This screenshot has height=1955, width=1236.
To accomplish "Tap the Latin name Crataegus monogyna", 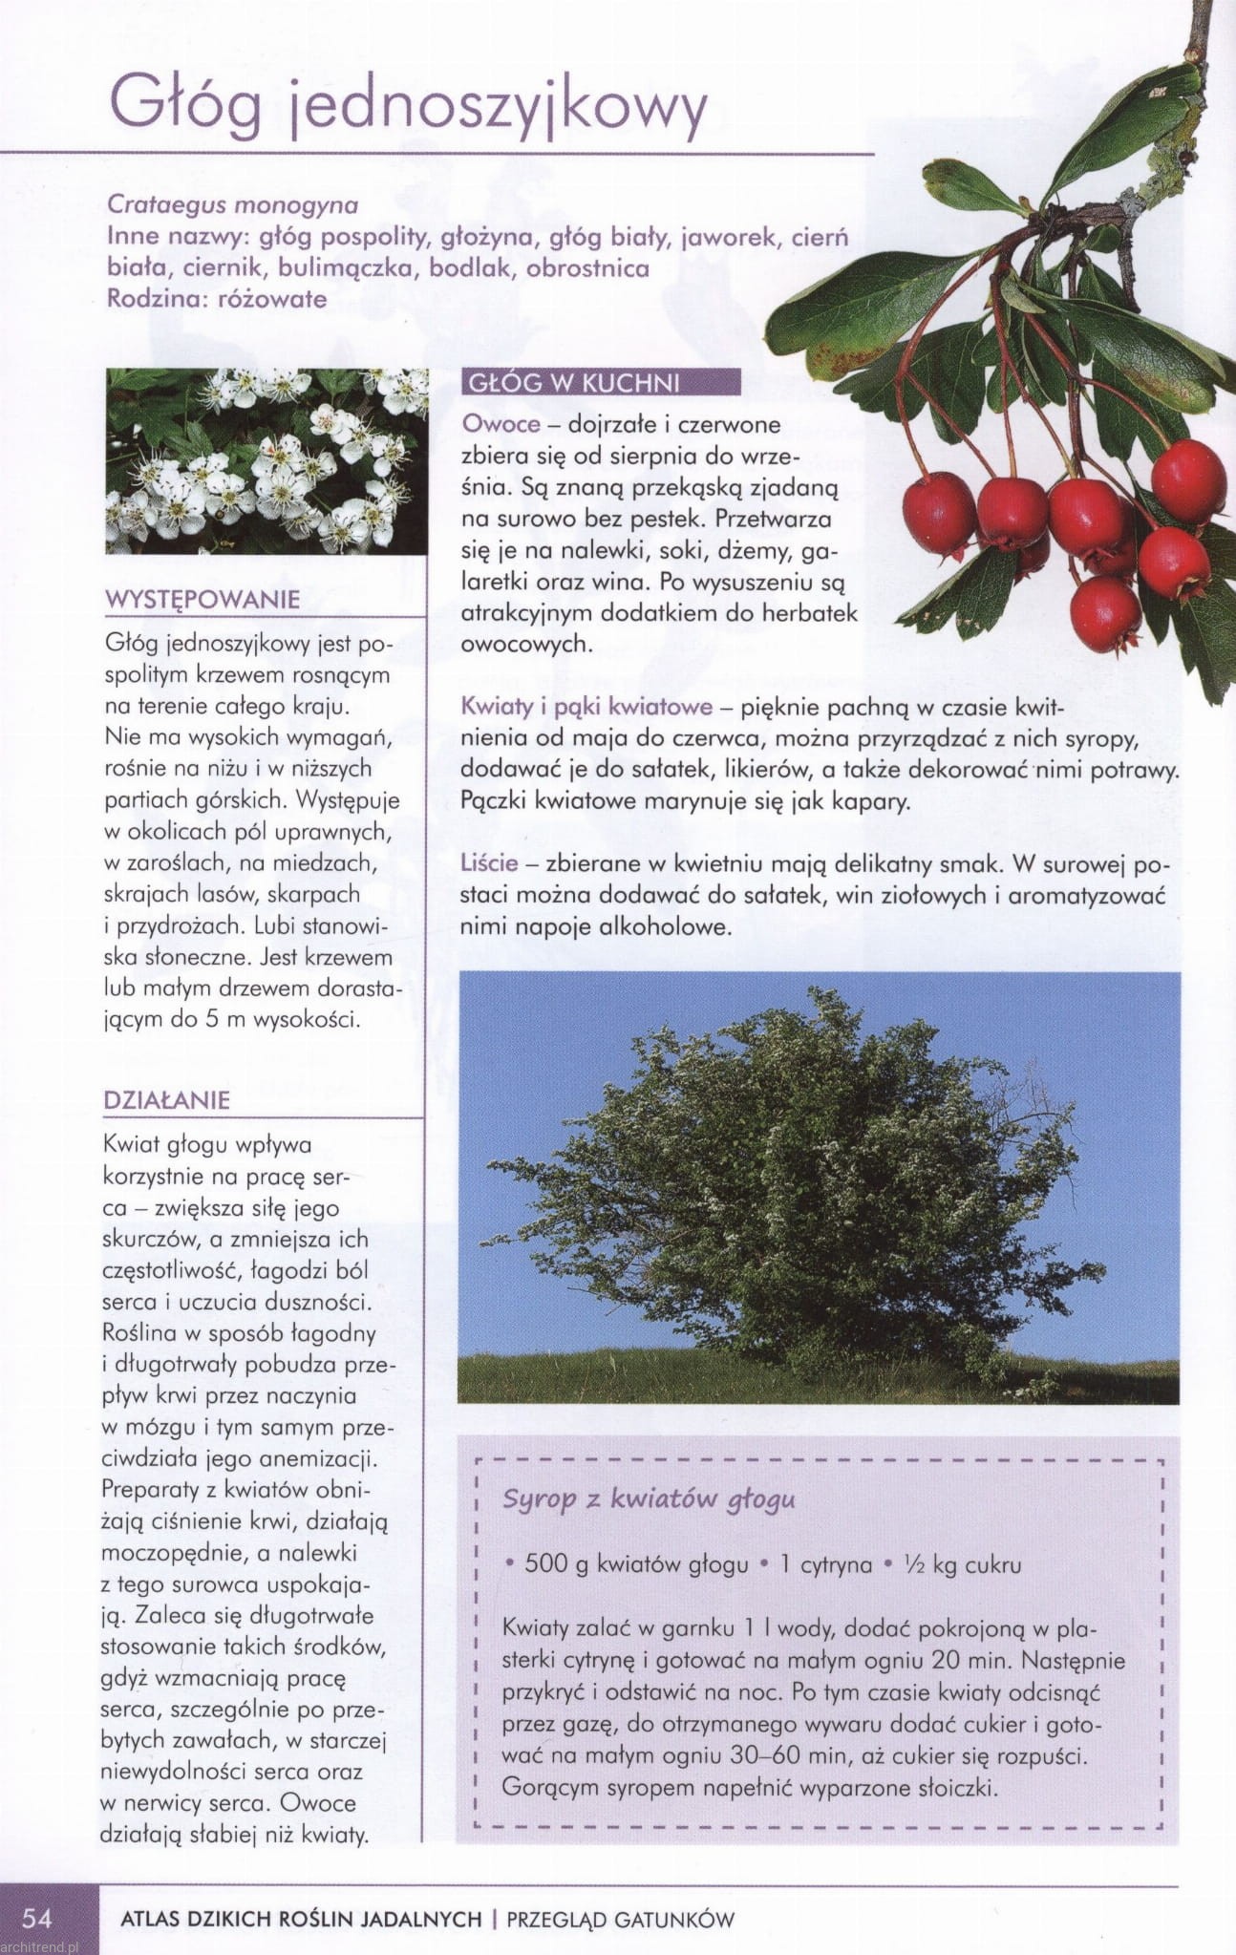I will (233, 204).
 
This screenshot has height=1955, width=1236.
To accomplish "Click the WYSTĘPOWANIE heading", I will (202, 600).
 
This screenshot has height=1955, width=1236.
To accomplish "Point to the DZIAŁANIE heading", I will (167, 1099).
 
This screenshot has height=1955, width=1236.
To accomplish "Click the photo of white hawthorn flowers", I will (266, 461).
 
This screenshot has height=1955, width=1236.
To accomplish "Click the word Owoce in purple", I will (501, 423).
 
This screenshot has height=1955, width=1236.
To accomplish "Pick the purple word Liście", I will (489, 863).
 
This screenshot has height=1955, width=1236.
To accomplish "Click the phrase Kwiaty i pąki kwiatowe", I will (586, 707).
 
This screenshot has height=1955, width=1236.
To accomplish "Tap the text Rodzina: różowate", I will (217, 299).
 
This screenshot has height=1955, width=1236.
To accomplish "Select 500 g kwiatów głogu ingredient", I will (636, 1564).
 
